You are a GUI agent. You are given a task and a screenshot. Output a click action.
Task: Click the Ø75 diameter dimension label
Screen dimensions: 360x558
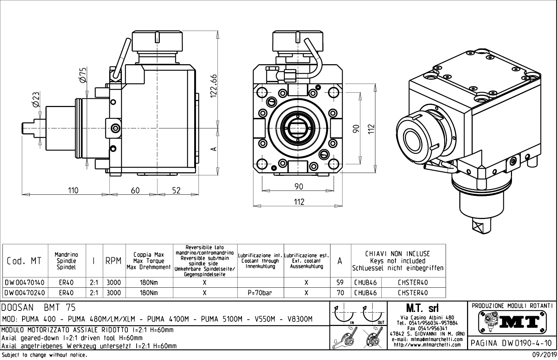[83, 75]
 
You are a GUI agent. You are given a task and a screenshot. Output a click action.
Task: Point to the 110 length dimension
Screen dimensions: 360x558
[73, 191]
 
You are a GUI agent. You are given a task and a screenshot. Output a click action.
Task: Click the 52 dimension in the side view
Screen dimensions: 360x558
[176, 191]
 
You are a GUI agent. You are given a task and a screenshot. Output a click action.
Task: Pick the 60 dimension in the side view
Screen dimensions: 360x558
[135, 191]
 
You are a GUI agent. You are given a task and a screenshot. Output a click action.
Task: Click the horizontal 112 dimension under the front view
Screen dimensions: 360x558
[298, 202]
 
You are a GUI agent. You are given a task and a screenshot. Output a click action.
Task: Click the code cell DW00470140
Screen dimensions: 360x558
[25, 282]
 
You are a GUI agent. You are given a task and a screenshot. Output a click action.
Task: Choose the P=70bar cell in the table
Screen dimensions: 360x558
[260, 293]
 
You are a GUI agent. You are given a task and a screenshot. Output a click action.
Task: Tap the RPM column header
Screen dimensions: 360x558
[114, 261]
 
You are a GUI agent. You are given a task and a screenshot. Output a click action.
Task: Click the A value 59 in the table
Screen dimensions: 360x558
[340, 282]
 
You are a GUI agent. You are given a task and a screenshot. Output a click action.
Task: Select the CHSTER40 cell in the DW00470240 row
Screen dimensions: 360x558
[413, 293]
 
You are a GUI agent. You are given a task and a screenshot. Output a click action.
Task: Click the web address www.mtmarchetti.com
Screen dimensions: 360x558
[427, 345]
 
